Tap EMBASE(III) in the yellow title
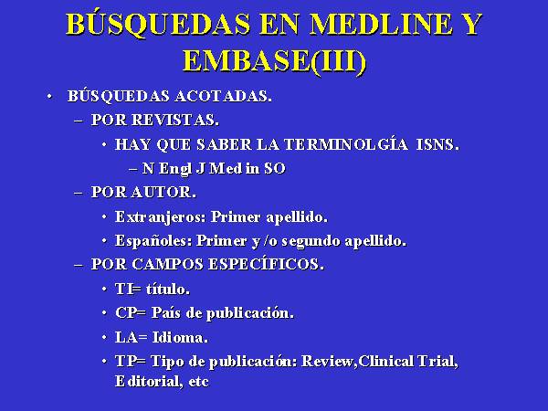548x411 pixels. coord(274,62)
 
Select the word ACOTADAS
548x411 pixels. coord(223,96)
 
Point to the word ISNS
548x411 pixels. coord(437,144)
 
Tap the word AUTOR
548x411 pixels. coord(163,192)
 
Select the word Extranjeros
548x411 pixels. coord(161,217)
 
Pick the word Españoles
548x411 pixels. coord(153,241)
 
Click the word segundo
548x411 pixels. coord(311,241)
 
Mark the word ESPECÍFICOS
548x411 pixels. coord(266,264)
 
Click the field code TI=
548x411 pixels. coord(128,289)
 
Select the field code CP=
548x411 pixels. coord(131,312)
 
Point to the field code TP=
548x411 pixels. coord(131,361)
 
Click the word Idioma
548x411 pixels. coord(180,337)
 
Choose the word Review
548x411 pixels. coord(329,362)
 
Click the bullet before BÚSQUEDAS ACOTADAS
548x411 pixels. coord(49,96)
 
